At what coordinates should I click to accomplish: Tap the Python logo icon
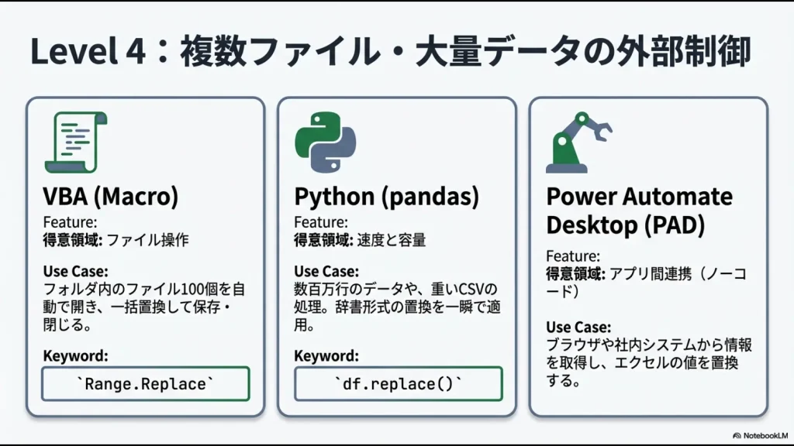pos(325,142)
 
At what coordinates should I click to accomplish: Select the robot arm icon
pos(578,142)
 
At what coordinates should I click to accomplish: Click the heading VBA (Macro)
pos(110,197)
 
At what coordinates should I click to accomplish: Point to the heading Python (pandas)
pos(386,197)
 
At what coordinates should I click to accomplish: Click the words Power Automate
pos(639,197)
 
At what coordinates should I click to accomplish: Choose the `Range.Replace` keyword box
pos(145,384)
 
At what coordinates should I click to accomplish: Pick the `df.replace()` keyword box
pos(398,384)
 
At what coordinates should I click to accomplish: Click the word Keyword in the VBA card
pos(75,356)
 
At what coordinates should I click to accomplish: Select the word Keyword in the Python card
pos(326,356)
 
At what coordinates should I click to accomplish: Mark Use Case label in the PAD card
pos(578,328)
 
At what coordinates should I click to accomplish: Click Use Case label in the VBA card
pos(75,272)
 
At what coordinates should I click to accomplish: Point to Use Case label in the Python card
pos(326,272)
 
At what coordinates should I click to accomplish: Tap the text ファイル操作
pos(147,241)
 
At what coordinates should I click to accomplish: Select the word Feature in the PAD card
pos(572,256)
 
